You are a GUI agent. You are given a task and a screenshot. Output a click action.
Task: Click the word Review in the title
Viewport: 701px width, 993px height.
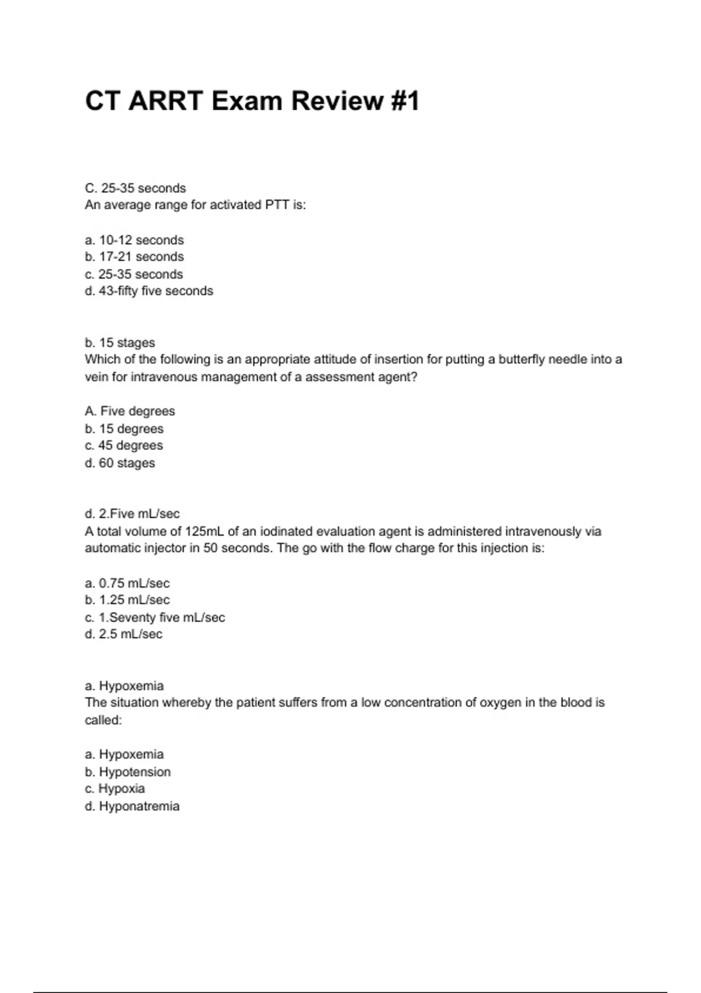click(336, 101)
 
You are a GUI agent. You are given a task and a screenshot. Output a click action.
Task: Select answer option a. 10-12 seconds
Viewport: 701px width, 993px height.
click(134, 240)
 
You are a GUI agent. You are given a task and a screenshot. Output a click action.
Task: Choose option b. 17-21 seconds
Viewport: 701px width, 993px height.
click(134, 257)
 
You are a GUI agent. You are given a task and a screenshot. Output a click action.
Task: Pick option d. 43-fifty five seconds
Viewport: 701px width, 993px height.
click(149, 291)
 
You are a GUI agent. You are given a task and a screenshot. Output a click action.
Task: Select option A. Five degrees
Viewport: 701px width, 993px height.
click(130, 411)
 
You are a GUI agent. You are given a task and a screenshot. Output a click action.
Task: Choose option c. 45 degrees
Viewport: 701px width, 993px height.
click(124, 446)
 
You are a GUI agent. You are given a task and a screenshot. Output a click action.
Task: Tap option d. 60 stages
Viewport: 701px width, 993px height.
click(120, 463)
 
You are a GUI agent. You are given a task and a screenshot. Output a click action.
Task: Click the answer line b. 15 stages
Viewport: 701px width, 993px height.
click(120, 343)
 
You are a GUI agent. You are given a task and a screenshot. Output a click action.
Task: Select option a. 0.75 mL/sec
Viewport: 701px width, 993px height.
click(127, 584)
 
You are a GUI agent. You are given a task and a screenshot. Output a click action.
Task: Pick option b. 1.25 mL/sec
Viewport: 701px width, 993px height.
click(127, 600)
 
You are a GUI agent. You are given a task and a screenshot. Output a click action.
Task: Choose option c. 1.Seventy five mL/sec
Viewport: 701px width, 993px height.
click(155, 617)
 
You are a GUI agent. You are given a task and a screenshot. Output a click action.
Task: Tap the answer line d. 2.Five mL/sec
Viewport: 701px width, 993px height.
click(132, 514)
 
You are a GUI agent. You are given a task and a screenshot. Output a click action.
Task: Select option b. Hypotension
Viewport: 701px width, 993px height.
click(128, 772)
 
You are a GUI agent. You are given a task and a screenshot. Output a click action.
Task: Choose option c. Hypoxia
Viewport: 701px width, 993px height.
click(115, 789)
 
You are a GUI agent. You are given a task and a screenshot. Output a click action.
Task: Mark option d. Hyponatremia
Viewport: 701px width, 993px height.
click(132, 807)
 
